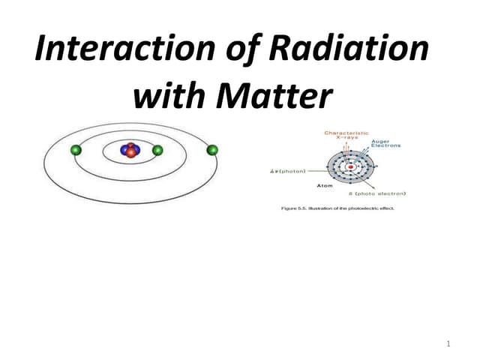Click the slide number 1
[x=448, y=343]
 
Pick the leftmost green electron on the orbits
[x=75, y=151]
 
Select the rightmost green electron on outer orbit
[x=212, y=150]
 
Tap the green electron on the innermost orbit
[x=157, y=150]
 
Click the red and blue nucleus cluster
[x=130, y=150]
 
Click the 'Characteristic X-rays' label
[x=346, y=136]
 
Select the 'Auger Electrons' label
[x=385, y=143]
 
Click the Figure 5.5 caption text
[x=337, y=208]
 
